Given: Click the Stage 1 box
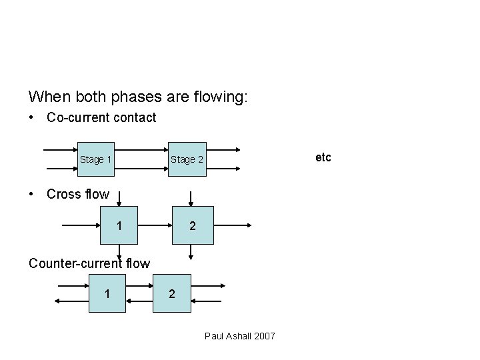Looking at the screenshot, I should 95,159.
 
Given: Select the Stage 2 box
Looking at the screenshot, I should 187,159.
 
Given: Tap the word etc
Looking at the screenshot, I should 323,158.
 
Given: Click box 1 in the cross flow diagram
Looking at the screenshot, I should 119,226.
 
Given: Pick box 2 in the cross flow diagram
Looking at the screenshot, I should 191,226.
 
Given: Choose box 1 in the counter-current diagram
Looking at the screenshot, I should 107,293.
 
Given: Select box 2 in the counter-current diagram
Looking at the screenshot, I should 173,293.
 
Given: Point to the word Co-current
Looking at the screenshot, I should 74,118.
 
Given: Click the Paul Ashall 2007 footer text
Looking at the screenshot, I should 239,335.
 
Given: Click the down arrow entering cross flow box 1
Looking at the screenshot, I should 119,199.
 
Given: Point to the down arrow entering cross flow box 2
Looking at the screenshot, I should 191,199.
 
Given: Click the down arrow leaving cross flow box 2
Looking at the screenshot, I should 191,251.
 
